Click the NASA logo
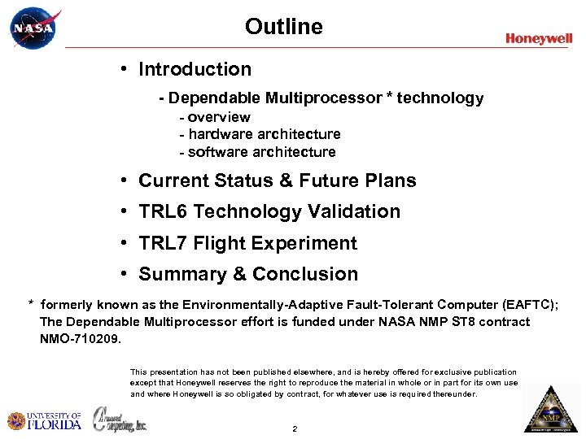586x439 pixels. (33, 29)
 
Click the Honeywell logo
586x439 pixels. (539, 38)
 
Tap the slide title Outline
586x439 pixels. (284, 27)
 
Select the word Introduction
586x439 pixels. (195, 70)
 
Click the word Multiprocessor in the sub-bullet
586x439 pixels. (323, 98)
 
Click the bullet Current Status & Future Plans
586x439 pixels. (277, 180)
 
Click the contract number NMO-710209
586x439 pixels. (80, 337)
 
